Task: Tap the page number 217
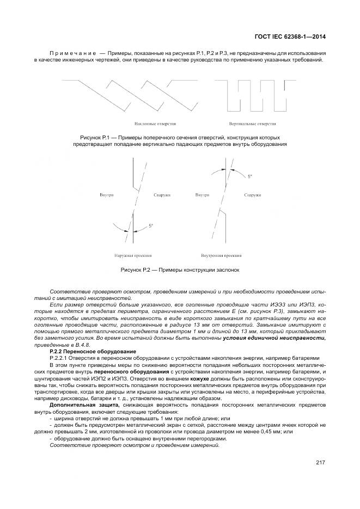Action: tap(320, 463)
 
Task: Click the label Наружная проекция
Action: tap(133, 254)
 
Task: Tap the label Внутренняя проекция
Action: tap(222, 254)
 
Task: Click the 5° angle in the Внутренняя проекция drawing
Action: tap(249, 177)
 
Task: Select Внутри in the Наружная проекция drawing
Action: tap(107, 194)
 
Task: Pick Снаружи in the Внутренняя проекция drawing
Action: tap(252, 194)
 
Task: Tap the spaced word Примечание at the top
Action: tap(73, 53)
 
